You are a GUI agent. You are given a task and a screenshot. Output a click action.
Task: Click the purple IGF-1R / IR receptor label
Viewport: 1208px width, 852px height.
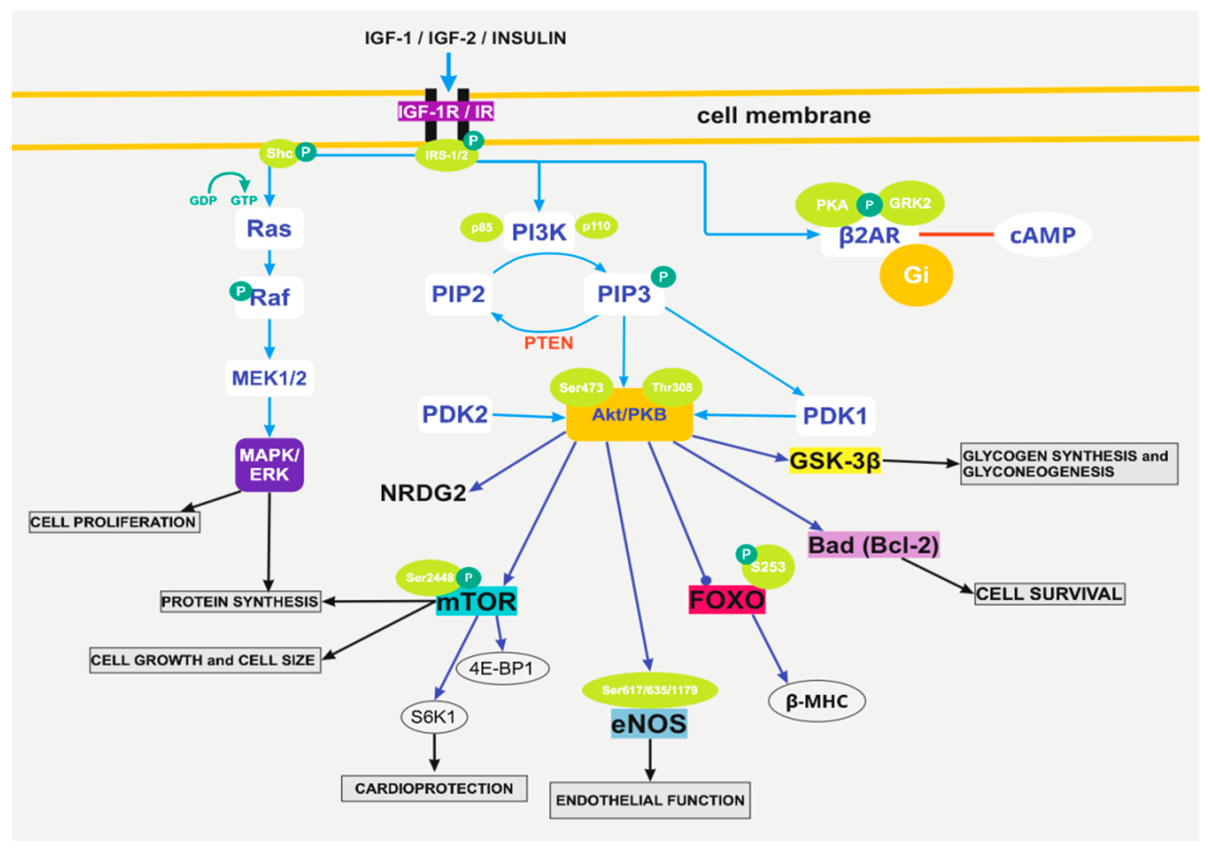(446, 112)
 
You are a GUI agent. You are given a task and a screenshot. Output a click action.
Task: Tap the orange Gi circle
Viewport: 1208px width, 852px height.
(916, 275)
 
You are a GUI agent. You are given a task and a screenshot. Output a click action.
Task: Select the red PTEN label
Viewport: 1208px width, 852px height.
(548, 343)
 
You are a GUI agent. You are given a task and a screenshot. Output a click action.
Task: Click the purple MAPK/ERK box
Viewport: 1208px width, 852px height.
(270, 465)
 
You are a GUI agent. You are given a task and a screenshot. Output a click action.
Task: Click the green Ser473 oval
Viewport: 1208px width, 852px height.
(581, 387)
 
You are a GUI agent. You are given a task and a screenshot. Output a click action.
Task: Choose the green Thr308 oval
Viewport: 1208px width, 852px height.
(672, 387)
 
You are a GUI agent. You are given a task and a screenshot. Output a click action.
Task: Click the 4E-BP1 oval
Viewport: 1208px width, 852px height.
(502, 668)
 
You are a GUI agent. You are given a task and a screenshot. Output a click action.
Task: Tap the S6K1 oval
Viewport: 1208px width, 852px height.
(434, 717)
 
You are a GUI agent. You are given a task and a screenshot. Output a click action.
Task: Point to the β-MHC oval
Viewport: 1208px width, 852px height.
(817, 701)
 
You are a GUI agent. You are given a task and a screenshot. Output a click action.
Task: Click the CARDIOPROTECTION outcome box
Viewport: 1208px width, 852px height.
(434, 788)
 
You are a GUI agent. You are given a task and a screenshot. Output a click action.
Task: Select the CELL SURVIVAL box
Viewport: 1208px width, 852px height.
(1049, 594)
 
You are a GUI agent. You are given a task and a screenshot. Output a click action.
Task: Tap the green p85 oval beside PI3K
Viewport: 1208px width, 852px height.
(481, 228)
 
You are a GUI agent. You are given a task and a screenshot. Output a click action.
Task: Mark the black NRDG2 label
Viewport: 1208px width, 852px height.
(423, 493)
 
